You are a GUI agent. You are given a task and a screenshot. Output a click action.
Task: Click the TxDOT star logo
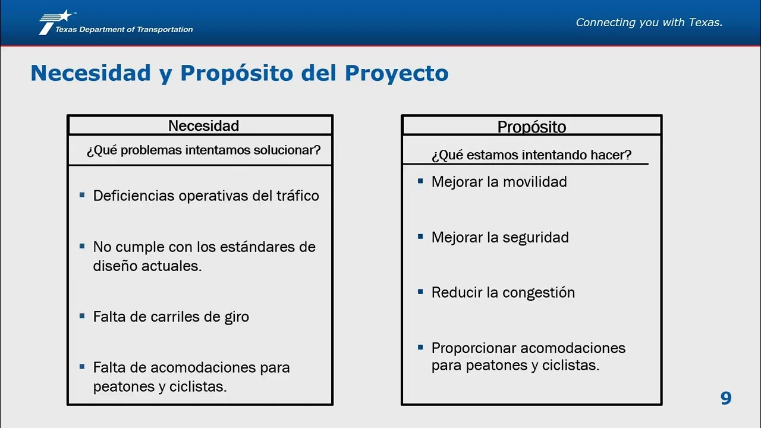pos(56,22)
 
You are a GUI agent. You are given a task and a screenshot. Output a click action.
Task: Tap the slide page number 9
pos(726,398)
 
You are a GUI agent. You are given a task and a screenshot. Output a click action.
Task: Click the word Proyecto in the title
pos(397,73)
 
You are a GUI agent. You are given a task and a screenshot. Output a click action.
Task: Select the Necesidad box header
pos(203,126)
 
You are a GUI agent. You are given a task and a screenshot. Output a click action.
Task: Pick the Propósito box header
pos(532,127)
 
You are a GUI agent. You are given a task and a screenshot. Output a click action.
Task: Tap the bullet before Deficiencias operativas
pos(82,195)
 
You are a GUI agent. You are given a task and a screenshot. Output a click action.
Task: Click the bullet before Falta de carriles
pos(82,316)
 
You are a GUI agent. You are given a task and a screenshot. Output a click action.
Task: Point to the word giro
pos(237,317)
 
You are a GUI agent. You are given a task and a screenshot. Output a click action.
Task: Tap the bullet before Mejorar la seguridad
pos(420,237)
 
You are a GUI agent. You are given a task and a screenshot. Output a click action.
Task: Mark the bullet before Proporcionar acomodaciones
pos(420,347)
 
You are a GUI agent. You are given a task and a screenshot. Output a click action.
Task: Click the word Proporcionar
pos(473,348)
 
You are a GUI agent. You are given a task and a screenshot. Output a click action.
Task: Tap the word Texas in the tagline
pos(706,23)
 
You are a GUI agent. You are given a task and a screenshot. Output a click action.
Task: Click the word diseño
pos(115,266)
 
